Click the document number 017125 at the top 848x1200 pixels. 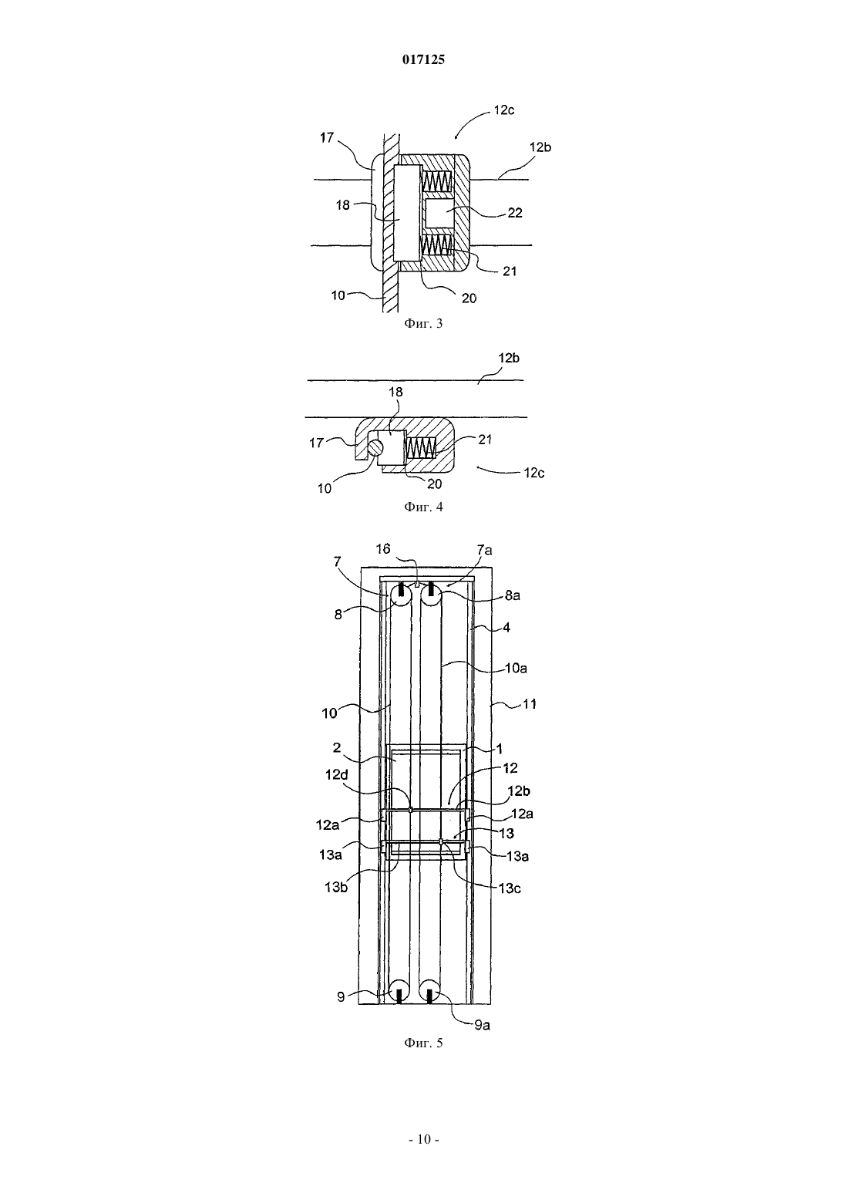423,60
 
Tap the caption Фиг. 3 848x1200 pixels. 423,324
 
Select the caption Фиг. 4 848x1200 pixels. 423,507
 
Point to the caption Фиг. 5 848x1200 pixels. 423,1043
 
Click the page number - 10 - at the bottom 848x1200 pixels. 424,1139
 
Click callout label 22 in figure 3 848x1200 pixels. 514,213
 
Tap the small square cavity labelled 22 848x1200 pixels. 439,213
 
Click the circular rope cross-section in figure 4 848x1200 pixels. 376,447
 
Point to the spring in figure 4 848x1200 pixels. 422,447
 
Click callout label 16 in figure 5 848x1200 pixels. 383,548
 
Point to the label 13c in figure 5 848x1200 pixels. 509,888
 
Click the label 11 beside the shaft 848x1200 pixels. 529,704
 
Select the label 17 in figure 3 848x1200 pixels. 327,137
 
